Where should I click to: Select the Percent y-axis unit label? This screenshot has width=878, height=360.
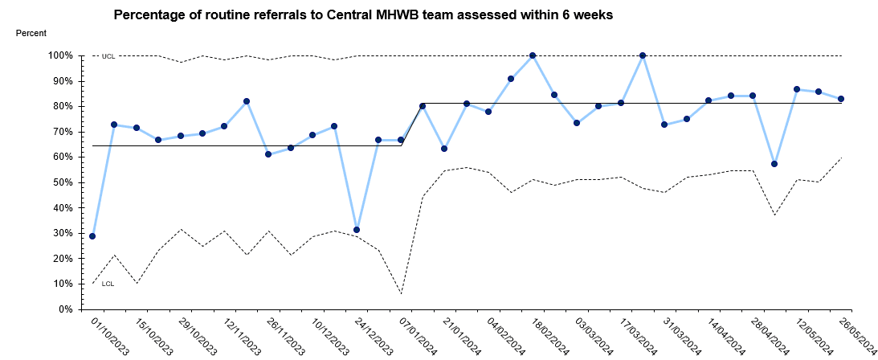coord(31,33)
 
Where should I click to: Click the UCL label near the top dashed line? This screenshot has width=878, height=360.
coord(108,56)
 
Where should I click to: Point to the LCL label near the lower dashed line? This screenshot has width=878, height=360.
coord(108,284)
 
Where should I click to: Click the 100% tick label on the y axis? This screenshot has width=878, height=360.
coord(60,55)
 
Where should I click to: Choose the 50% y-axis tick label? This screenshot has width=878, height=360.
coord(63,182)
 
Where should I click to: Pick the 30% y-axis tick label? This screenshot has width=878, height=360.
coord(63,233)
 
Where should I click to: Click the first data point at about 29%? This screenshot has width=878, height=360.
coord(93,236)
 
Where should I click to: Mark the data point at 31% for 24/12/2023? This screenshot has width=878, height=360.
coord(357,230)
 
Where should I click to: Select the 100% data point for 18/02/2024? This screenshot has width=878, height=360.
coord(533,55)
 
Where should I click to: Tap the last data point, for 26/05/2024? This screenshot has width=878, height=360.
coord(840,99)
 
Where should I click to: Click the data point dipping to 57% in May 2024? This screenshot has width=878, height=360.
coord(774,164)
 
